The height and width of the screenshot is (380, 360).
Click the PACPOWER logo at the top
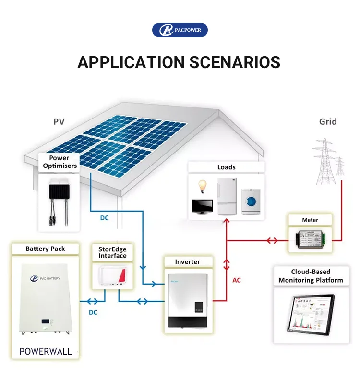click(x=180, y=30)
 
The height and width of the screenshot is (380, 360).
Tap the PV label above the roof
click(x=59, y=122)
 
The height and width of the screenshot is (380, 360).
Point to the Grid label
click(x=328, y=122)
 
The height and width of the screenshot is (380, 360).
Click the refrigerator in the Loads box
click(x=227, y=196)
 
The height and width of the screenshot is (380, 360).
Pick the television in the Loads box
click(x=203, y=206)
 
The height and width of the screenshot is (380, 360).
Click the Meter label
click(x=310, y=220)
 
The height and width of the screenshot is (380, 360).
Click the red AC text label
click(x=237, y=280)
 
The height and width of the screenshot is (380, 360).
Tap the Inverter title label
click(x=187, y=262)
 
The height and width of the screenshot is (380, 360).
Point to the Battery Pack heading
click(x=45, y=249)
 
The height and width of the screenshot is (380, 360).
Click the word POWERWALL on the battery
click(x=45, y=351)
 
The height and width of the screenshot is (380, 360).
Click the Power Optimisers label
click(x=60, y=162)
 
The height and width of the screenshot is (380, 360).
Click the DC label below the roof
click(x=104, y=218)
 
